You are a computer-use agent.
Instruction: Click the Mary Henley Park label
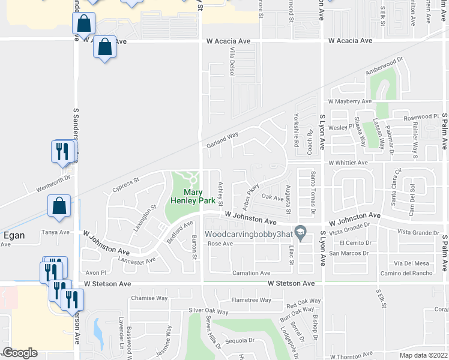click(x=191, y=196)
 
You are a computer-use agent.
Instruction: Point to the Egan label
click(x=14, y=235)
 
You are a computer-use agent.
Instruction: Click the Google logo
click(x=20, y=352)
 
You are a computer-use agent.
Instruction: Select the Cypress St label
click(x=125, y=185)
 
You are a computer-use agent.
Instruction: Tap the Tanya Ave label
click(x=52, y=232)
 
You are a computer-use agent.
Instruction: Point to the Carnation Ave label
click(x=249, y=273)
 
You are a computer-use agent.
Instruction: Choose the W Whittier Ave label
click(x=348, y=163)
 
